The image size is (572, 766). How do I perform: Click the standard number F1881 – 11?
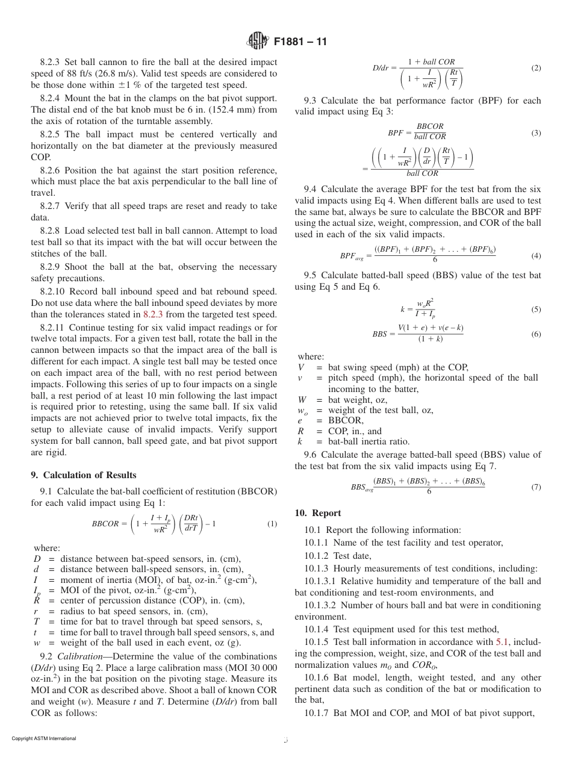(x=300, y=42)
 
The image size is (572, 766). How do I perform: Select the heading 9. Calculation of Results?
(x=84, y=475)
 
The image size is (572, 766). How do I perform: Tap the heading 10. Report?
(x=318, y=513)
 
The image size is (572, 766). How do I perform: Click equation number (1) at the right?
(x=272, y=524)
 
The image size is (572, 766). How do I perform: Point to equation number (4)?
(x=536, y=256)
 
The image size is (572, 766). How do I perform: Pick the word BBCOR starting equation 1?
(x=105, y=524)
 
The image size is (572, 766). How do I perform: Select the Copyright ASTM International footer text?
(x=44, y=738)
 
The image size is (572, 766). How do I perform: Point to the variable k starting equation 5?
(x=402, y=310)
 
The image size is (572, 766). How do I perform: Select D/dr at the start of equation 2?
(x=384, y=68)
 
